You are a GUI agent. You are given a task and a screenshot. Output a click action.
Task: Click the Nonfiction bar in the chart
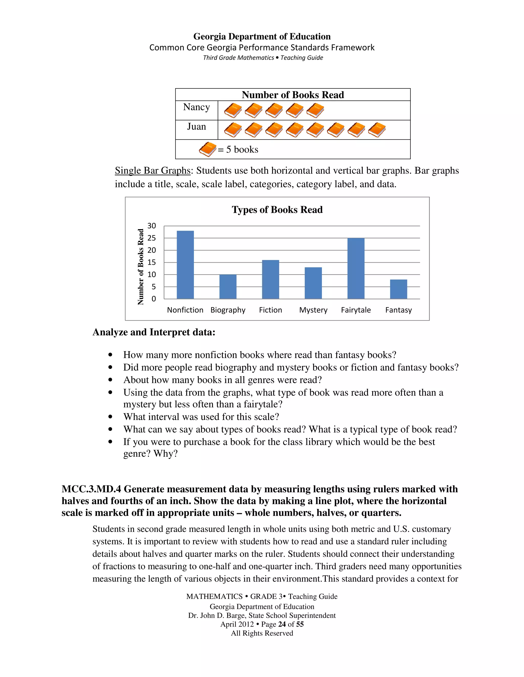(185, 265)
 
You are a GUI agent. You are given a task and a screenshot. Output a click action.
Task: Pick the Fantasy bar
(398, 289)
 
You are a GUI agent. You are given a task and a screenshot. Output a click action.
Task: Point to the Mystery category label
(313, 310)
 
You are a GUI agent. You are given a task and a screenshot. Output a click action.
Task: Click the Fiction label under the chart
(270, 310)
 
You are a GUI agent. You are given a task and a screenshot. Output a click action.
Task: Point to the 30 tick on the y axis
(151, 226)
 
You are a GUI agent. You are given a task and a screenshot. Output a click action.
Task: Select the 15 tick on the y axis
(151, 263)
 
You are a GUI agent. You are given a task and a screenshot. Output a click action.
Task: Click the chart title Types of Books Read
(277, 210)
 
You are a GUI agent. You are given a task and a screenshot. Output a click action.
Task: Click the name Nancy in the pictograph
(196, 107)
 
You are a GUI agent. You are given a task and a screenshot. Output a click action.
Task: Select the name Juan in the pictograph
(196, 126)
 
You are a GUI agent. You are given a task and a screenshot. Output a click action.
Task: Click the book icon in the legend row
(207, 149)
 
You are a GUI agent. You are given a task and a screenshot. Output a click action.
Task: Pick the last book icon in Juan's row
(377, 130)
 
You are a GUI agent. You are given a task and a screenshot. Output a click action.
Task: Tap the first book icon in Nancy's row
(233, 111)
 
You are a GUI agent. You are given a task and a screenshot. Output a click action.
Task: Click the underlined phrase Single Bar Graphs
(152, 170)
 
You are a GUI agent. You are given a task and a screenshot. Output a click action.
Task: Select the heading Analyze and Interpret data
(154, 332)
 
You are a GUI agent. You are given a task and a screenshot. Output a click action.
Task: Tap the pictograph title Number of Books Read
(293, 95)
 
